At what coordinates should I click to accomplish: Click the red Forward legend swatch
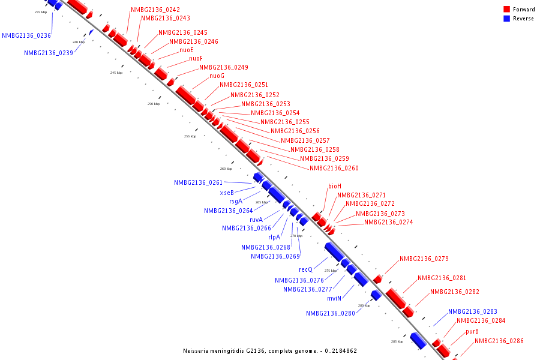tap(507, 10)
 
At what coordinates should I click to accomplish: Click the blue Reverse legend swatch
tap(507, 19)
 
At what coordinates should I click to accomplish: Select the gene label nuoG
tap(217, 76)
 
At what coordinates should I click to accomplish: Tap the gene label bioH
tap(334, 186)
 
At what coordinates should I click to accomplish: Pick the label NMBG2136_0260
tap(334, 168)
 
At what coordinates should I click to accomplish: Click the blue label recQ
tap(306, 270)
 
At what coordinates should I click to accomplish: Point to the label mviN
tap(334, 298)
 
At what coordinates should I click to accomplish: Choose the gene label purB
tap(472, 331)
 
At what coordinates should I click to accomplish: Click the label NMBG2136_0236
tap(26, 35)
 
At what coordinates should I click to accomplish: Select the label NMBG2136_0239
tap(49, 53)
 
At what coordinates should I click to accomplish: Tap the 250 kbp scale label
tap(154, 104)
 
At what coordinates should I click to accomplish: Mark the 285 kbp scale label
tap(397, 341)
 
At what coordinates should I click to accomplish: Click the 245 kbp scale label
tap(116, 73)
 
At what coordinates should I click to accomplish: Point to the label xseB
tap(227, 193)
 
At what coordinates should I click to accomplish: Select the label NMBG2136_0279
tap(424, 259)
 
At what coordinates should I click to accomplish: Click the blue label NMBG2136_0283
tap(473, 311)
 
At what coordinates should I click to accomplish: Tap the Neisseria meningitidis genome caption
tap(270, 350)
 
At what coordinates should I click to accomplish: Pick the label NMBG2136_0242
tap(155, 10)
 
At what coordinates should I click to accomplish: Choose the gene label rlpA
tap(274, 237)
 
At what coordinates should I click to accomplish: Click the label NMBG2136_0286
tap(499, 341)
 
